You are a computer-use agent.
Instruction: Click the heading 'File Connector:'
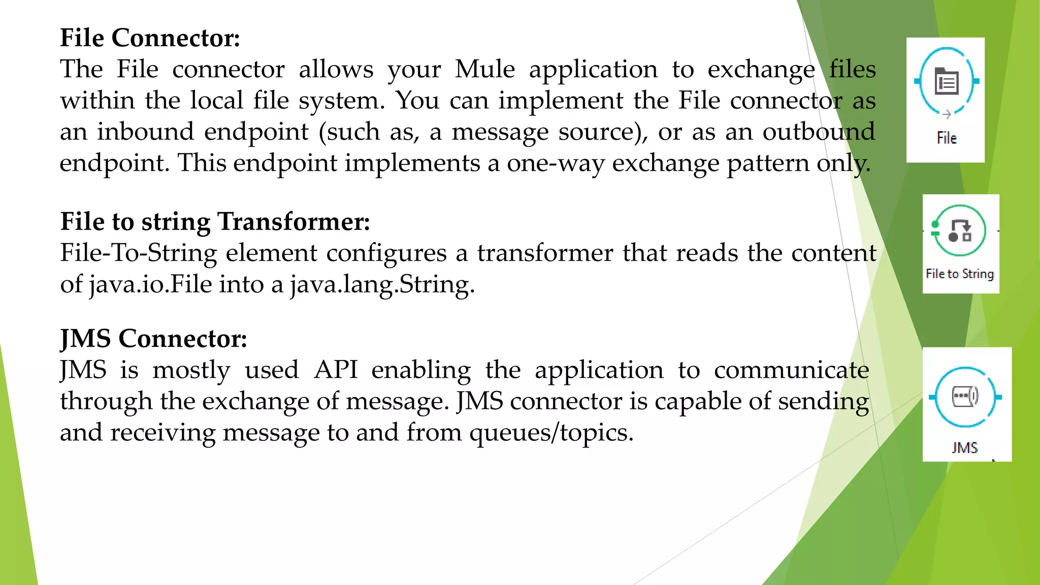(x=150, y=38)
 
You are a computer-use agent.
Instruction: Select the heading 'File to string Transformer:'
(x=215, y=222)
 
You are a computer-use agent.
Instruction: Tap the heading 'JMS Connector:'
(x=153, y=339)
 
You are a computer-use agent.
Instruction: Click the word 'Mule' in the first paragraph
(x=484, y=69)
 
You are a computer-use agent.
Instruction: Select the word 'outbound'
(x=819, y=132)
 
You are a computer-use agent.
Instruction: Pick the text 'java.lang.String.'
(x=382, y=284)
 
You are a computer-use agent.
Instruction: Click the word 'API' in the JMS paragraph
(x=336, y=370)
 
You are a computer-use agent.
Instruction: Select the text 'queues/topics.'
(x=551, y=433)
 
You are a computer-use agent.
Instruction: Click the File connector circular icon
(x=946, y=81)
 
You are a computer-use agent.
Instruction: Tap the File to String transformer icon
(x=959, y=231)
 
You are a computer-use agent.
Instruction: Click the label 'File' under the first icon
(x=947, y=138)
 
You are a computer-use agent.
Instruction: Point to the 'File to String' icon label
(x=960, y=274)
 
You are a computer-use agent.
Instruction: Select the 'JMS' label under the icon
(x=965, y=447)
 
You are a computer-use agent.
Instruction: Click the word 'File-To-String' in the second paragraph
(x=138, y=253)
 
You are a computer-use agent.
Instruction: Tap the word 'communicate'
(x=791, y=370)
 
